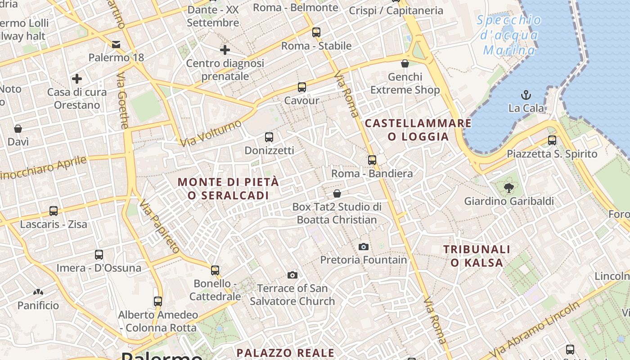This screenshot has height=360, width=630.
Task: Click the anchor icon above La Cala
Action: (526, 95)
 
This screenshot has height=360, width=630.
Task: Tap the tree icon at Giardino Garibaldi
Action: (509, 188)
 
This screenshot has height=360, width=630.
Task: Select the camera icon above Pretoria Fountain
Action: (364, 247)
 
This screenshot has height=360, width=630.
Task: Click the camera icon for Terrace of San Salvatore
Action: (292, 275)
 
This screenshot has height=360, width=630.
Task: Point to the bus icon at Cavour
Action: (302, 87)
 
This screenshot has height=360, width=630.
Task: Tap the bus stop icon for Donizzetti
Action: (269, 137)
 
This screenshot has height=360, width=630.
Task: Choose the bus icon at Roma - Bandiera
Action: (372, 160)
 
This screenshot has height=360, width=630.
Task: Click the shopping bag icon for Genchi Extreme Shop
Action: (405, 63)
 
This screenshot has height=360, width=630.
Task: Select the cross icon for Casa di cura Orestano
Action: (77, 79)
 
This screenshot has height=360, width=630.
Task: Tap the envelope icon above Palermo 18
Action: (116, 44)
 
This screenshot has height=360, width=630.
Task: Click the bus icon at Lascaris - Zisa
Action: (54, 211)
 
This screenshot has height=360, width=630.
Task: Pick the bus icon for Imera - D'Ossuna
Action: (99, 255)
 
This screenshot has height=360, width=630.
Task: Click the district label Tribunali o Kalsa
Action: (477, 256)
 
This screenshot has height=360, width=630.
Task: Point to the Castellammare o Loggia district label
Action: (418, 130)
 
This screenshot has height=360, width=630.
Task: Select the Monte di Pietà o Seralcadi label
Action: (228, 189)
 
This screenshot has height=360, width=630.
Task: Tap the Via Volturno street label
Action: (211, 133)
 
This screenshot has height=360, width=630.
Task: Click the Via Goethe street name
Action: (123, 101)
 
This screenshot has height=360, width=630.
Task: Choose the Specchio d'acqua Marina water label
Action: (509, 35)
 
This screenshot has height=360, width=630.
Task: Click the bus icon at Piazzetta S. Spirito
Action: (552, 140)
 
